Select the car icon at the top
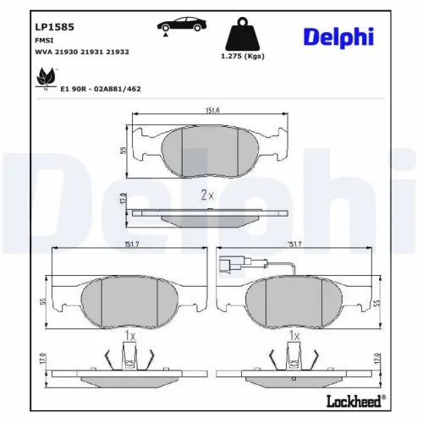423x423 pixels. [x=176, y=26]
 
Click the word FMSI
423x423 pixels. [x=43, y=39]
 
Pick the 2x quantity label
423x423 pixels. [x=206, y=195]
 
